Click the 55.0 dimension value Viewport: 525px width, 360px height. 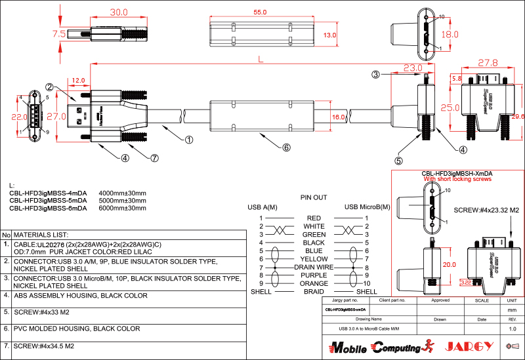point(260,12)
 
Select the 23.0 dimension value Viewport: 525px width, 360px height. point(413,68)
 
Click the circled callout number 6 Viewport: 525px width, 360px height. point(286,148)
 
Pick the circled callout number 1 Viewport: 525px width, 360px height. point(188,139)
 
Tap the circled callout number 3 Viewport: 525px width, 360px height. point(376,75)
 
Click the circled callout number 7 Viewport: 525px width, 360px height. point(155,157)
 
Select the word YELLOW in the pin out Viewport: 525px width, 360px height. point(314,259)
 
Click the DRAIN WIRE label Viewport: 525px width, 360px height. point(314,268)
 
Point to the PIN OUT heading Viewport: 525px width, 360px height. point(314,197)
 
